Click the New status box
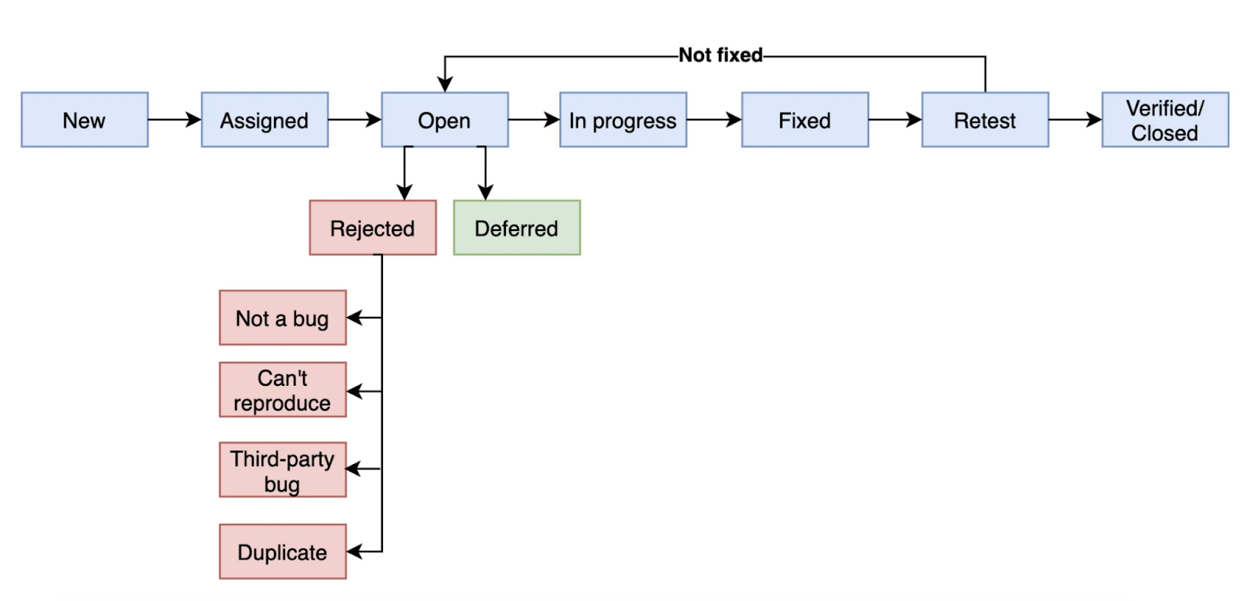(x=85, y=120)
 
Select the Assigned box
(x=265, y=120)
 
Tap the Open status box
(x=445, y=120)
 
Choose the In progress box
(x=623, y=120)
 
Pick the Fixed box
(x=805, y=120)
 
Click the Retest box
(x=985, y=120)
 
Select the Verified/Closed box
(x=1165, y=120)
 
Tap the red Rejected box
(x=373, y=228)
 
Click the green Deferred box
(x=517, y=228)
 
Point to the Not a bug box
(x=283, y=318)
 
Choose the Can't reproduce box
(x=283, y=390)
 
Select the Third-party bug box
(x=283, y=470)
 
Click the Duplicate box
(x=283, y=551)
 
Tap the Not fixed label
(x=720, y=56)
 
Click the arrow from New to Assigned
(x=175, y=119)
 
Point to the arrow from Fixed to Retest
(x=895, y=119)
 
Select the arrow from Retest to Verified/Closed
(x=1075, y=119)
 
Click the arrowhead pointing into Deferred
(x=485, y=193)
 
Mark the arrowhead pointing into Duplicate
(x=354, y=551)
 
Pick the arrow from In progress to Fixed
(x=714, y=119)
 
